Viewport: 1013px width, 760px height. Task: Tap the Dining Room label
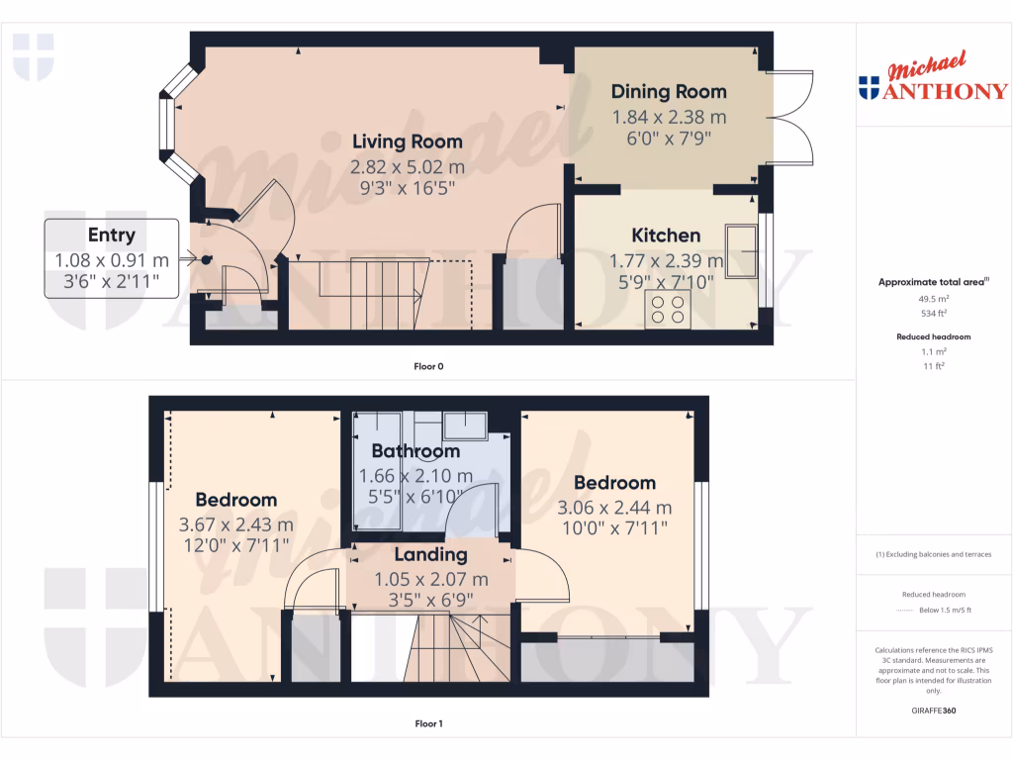(669, 92)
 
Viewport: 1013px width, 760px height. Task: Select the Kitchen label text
(667, 236)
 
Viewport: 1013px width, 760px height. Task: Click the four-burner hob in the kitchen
(667, 310)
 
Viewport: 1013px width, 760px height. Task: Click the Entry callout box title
(112, 236)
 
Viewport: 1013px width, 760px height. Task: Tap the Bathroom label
(415, 451)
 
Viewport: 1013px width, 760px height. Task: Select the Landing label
(430, 555)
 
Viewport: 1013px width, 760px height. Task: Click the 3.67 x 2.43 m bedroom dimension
(235, 524)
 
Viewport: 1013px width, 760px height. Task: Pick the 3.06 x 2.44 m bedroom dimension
(614, 508)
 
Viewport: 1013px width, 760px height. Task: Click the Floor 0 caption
(428, 367)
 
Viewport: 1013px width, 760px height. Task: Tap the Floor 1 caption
(428, 723)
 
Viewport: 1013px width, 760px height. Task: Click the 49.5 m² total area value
(934, 298)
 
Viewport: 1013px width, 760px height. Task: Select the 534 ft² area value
(934, 313)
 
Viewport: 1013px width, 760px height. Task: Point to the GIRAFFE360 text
(934, 711)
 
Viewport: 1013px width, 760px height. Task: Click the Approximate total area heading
(933, 283)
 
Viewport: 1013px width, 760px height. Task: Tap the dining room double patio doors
(795, 118)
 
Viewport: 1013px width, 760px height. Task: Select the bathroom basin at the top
(464, 426)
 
